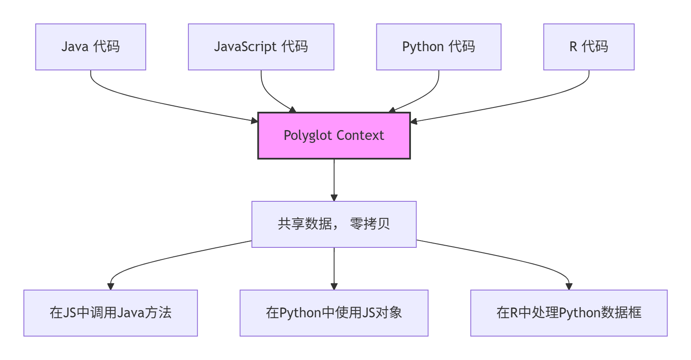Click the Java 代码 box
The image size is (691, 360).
click(x=90, y=47)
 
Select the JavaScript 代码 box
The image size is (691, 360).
click(x=261, y=47)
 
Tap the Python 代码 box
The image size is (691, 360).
click(x=438, y=47)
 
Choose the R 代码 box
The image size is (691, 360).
click(x=589, y=47)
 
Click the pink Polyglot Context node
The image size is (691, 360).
click(x=334, y=136)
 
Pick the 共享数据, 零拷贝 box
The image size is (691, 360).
click(x=334, y=224)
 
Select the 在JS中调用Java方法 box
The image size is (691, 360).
click(x=110, y=313)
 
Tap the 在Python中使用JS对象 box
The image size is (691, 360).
click(x=334, y=313)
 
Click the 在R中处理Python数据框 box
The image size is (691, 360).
click(x=569, y=313)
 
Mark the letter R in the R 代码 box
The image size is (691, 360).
click(x=573, y=47)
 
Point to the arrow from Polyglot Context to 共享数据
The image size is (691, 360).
click(x=334, y=179)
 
